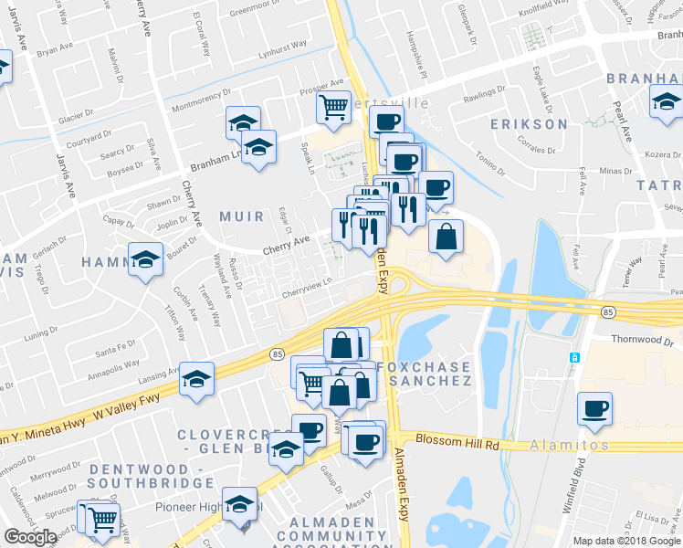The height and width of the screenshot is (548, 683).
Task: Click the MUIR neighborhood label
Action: point(242,216)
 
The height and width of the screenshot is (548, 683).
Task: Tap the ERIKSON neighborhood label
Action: point(529,123)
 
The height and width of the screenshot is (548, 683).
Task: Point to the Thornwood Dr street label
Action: point(638,339)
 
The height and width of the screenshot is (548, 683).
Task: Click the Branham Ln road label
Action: point(213,164)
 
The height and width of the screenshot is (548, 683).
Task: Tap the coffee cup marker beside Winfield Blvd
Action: point(594,407)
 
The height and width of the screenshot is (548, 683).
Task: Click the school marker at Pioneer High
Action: point(240,505)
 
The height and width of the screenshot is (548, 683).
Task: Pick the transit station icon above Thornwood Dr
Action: point(574,356)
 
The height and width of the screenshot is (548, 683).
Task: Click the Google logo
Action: point(30,537)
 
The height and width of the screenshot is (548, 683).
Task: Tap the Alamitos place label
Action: point(570,445)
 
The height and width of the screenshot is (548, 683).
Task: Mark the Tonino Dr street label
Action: point(489,165)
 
